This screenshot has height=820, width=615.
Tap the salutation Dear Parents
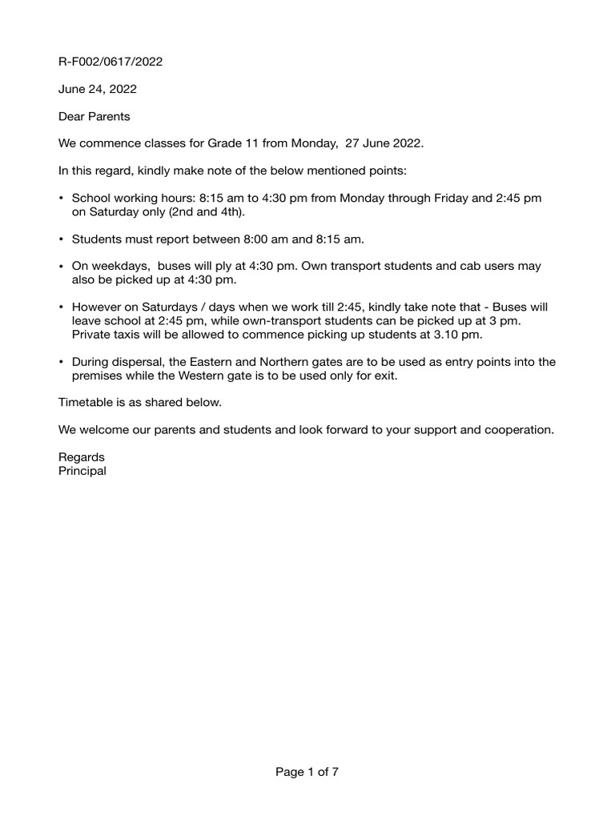tap(94, 116)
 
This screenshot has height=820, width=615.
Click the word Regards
tap(82, 457)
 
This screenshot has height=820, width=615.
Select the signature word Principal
tap(82, 471)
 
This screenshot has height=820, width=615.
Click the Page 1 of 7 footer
tap(307, 772)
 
